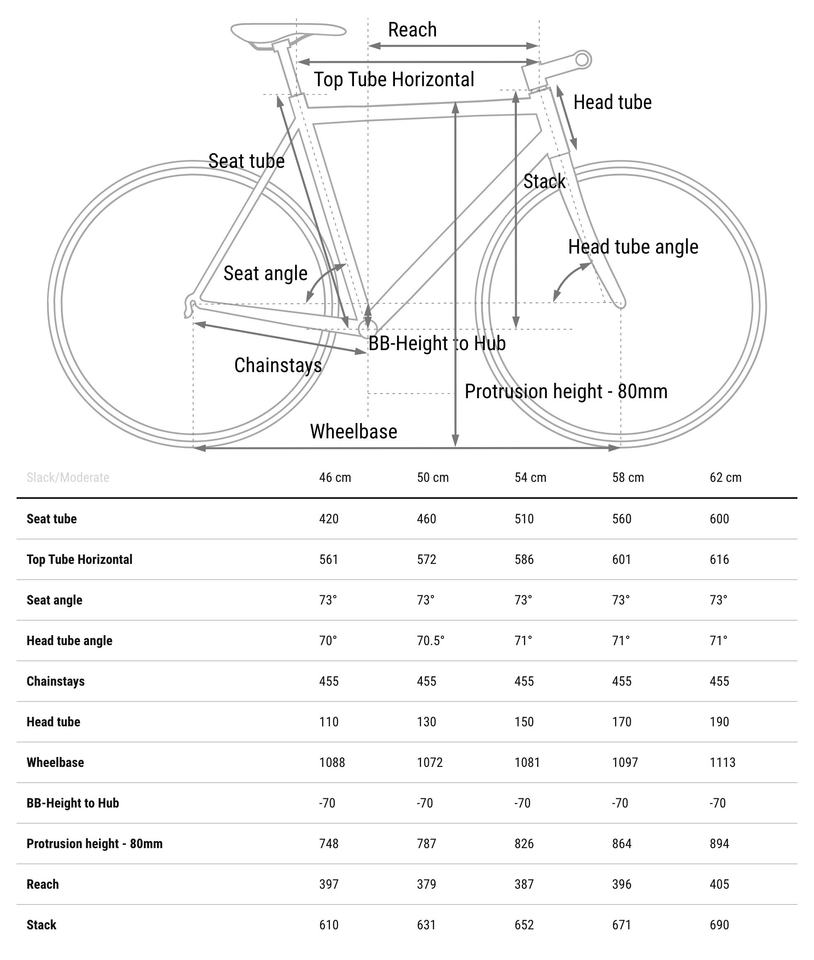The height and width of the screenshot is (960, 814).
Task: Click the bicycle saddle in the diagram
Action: click(288, 32)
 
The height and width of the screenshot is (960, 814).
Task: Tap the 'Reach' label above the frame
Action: click(412, 30)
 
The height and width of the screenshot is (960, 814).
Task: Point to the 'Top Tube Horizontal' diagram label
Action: click(394, 80)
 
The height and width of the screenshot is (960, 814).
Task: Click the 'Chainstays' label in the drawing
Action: click(278, 365)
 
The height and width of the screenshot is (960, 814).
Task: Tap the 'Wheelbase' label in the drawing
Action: click(354, 431)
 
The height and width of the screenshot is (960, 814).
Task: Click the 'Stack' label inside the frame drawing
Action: click(544, 181)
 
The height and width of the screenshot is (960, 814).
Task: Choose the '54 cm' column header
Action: click(530, 477)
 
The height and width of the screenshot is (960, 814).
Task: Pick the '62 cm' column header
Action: click(725, 477)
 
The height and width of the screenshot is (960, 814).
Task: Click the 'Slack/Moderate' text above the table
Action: click(68, 477)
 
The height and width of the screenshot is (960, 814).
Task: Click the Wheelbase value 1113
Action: click(722, 762)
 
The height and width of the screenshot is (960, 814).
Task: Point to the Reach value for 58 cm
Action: click(622, 884)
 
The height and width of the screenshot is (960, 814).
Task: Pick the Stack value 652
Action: click(524, 924)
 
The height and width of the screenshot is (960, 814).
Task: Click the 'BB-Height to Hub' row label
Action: click(73, 803)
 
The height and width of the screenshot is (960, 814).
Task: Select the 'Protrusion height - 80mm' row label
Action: click(94, 843)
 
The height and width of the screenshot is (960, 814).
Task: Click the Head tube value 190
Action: click(719, 721)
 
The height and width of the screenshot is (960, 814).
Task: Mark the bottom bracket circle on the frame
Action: click(368, 329)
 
